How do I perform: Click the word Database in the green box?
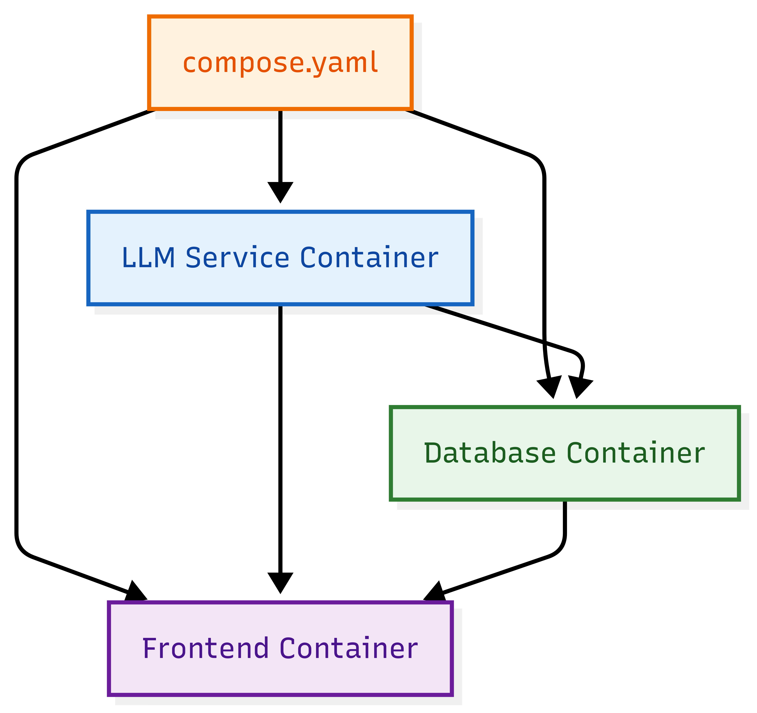pos(490,453)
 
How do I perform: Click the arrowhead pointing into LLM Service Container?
pos(280,192)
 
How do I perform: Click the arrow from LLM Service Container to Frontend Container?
pos(280,438)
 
